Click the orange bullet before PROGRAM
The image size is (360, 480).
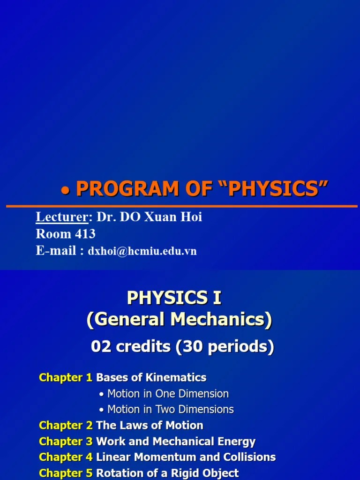[x=66, y=190]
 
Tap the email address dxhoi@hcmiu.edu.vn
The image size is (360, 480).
[x=142, y=251]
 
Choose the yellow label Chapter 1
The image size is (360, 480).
[x=66, y=377]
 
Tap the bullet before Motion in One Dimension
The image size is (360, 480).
[x=102, y=394]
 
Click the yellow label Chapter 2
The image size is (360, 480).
[x=66, y=426]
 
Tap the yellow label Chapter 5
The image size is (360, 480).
[x=66, y=473]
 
